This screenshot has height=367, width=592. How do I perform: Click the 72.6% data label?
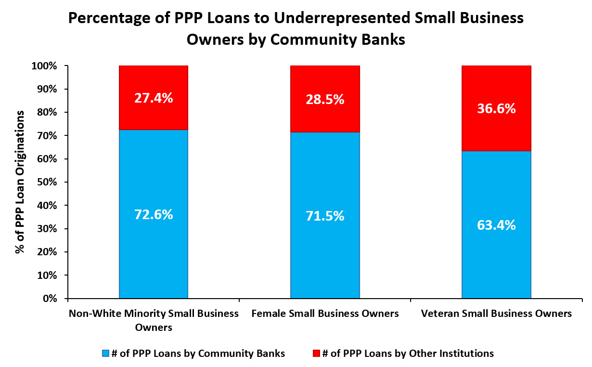154,215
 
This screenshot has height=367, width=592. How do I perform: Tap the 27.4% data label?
154,98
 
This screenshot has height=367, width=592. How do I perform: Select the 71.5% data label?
325,216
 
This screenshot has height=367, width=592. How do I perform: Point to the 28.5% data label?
325,100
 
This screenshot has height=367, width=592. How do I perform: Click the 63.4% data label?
496,225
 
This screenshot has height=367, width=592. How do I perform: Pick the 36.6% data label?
496,109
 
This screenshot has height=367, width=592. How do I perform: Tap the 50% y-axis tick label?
47,183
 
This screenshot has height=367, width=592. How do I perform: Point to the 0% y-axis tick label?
50,299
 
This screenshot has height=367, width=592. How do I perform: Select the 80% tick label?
47,113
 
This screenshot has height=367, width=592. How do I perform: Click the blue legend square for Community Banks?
105,354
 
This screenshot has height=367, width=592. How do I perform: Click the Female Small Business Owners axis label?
325,314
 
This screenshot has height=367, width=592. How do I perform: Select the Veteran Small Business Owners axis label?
496,314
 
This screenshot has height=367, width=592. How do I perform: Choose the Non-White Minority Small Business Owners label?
154,320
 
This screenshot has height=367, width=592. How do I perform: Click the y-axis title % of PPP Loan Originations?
20,182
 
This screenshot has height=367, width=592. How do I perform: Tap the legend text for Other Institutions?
408,354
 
